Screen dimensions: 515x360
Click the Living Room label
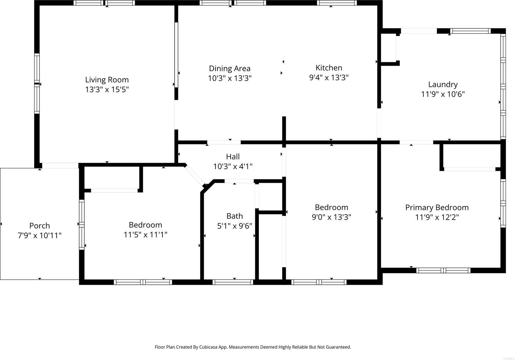pyautogui.click(x=107, y=80)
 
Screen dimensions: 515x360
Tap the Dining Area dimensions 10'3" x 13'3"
pyautogui.click(x=230, y=79)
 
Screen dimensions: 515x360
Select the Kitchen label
pyautogui.click(x=329, y=68)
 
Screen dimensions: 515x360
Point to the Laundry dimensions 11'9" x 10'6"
pyautogui.click(x=443, y=94)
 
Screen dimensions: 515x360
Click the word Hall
pyautogui.click(x=233, y=157)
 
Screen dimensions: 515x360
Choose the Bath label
pyautogui.click(x=234, y=216)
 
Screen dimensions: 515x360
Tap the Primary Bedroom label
pyautogui.click(x=437, y=208)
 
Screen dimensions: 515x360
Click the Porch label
pyautogui.click(x=39, y=226)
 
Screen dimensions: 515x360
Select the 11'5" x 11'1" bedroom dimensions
pyautogui.click(x=145, y=235)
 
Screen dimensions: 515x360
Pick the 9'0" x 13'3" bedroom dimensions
pyautogui.click(x=331, y=217)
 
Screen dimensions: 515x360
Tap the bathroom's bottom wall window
pyautogui.click(x=233, y=282)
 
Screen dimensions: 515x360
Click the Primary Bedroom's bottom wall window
pyautogui.click(x=443, y=270)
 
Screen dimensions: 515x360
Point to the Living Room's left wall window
pyautogui.click(x=37, y=83)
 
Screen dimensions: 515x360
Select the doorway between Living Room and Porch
pyautogui.click(x=60, y=166)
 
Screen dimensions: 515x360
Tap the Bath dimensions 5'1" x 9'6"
pyautogui.click(x=234, y=226)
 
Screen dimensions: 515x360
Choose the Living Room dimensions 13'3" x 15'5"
pyautogui.click(x=107, y=90)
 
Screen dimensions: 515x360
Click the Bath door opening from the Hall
pyautogui.click(x=239, y=181)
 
